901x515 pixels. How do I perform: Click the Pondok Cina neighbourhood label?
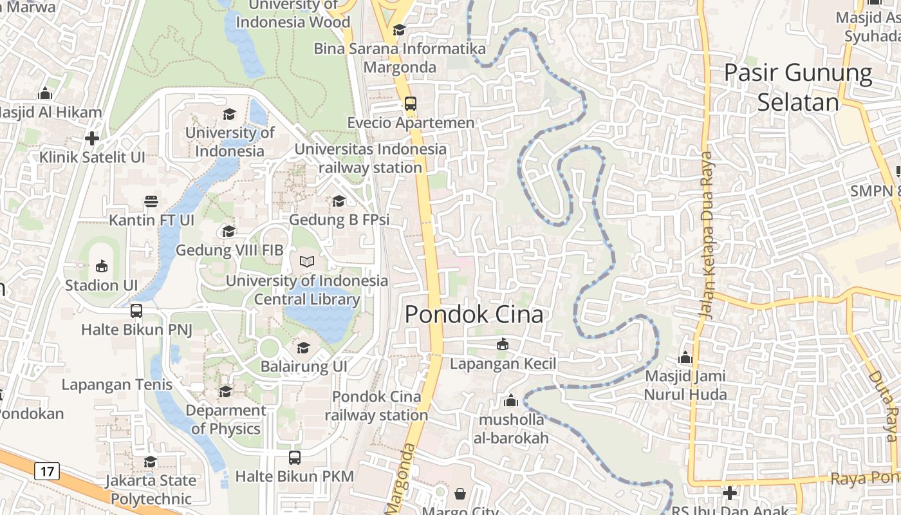(474, 314)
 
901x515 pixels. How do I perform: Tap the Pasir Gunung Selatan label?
(798, 88)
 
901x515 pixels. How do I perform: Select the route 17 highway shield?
(47, 471)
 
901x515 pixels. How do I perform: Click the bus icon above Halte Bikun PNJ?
(136, 311)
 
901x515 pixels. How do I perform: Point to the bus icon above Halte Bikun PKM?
(294, 458)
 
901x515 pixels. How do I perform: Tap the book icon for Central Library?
(307, 262)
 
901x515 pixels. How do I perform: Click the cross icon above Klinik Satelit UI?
(92, 138)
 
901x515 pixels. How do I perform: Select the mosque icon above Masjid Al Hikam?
(45, 94)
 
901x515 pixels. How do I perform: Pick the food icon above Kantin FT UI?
(151, 201)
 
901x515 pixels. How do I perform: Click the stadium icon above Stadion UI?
(102, 266)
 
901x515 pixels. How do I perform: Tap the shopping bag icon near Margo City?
(460, 494)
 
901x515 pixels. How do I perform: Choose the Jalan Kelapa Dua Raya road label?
(708, 235)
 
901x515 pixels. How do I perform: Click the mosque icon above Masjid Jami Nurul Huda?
(685, 357)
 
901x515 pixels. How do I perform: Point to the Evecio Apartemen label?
(411, 122)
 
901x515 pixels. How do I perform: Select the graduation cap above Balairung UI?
(303, 348)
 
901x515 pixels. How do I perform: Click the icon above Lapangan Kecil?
(503, 345)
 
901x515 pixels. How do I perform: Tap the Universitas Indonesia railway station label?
(370, 158)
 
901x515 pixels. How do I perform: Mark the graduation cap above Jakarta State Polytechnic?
(151, 462)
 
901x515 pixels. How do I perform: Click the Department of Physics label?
(226, 419)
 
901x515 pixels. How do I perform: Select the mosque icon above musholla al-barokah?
(511, 401)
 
